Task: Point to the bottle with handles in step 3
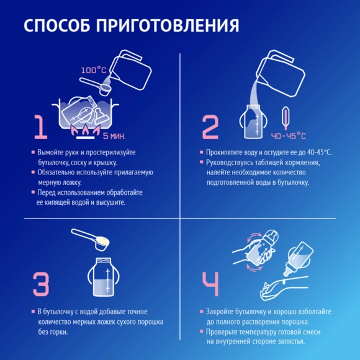(102, 277)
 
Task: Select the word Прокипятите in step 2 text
(225, 152)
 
